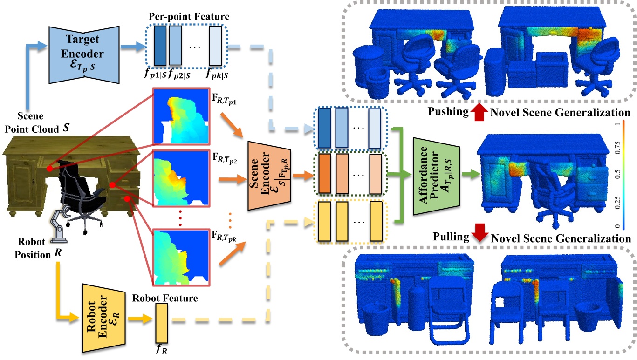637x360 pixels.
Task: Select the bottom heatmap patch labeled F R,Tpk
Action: pyautogui.click(x=181, y=257)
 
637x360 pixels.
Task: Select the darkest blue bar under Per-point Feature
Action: pyautogui.click(x=160, y=46)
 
